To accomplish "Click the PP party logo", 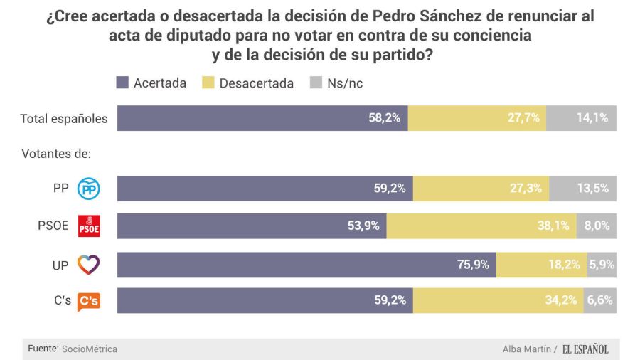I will [88, 189].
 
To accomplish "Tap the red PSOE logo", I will [89, 226].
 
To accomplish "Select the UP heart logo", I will [88, 265].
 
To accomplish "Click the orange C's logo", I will [88, 301].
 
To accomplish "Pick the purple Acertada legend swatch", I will [122, 83].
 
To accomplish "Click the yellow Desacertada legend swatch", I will [208, 83].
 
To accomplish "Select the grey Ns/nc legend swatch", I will [315, 83].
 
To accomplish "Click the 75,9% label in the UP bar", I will [473, 265].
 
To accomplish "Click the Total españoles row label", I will [64, 119].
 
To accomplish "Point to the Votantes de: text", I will [56, 154].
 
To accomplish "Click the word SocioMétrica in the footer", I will [90, 349].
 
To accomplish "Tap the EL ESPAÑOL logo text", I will [585, 349].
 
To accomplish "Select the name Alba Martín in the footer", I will [527, 349].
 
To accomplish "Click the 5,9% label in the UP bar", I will [602, 265].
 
